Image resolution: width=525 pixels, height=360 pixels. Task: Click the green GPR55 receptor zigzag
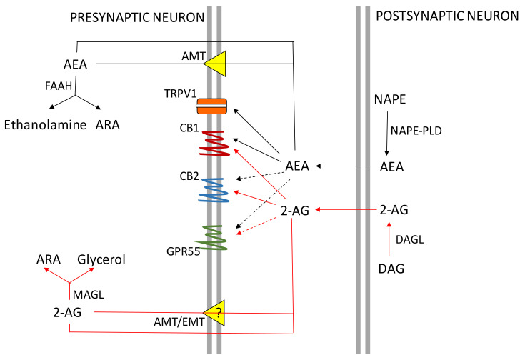pos(214,236)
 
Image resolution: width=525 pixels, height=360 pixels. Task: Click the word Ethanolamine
pos(44,124)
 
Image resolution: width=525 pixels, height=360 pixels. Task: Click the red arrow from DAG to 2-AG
pos(389,236)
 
